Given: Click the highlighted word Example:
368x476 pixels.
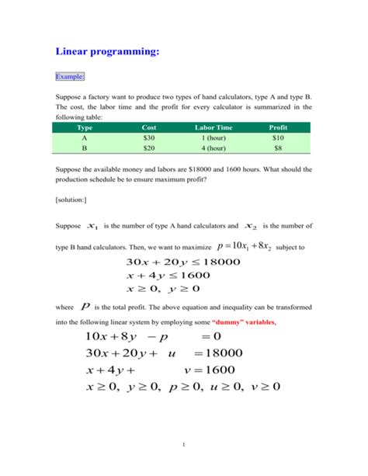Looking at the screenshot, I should pos(70,76).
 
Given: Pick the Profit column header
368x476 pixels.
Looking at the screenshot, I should pos(278,126).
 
